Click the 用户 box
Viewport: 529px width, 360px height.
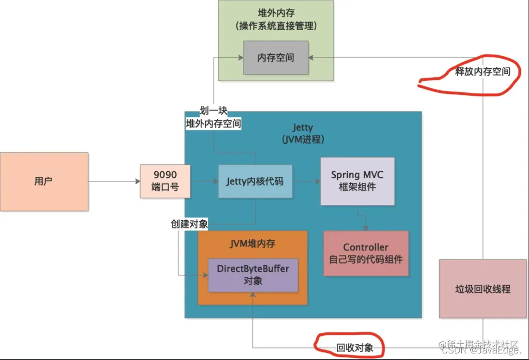coord(44,181)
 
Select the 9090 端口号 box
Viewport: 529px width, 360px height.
coord(165,181)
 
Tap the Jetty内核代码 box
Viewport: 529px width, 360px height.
coord(255,181)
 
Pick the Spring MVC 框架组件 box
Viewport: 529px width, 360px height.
coord(357,181)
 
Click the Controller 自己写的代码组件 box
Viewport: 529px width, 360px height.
coord(365,253)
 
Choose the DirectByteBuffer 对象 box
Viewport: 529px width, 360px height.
coord(253,275)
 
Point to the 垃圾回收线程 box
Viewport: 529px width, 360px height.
coord(482,289)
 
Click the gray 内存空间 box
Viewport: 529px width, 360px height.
coord(276,58)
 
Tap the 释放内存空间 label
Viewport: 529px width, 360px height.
coord(482,71)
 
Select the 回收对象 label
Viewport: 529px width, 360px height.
coord(354,347)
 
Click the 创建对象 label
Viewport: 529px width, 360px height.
coord(189,224)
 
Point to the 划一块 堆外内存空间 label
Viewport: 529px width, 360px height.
coord(213,117)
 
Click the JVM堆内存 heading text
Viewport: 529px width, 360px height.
coord(252,244)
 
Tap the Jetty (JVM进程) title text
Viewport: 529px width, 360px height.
coord(303,134)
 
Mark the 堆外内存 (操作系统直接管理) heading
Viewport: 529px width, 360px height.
coord(276,19)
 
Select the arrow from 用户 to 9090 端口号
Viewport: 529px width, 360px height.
coord(114,181)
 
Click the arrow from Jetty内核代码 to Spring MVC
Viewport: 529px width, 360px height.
coord(307,181)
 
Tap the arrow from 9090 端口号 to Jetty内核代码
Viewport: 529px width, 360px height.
coord(205,181)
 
